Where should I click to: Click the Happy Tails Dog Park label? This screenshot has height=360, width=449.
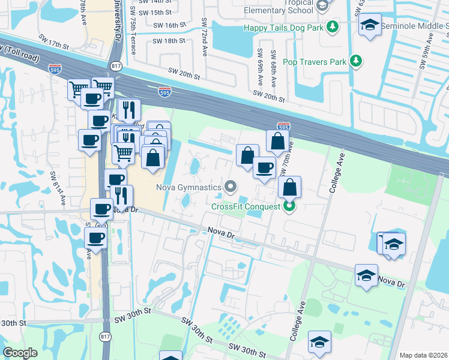pyautogui.click(x=283, y=28)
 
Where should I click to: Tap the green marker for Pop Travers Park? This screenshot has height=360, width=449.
pyautogui.click(x=356, y=61)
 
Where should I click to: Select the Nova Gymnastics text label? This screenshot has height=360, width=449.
pyautogui.click(x=189, y=187)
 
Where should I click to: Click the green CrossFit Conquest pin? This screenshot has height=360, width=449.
pyautogui.click(x=289, y=206)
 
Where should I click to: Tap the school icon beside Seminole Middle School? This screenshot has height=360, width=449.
pyautogui.click(x=370, y=25)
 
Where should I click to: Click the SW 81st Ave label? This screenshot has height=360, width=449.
pyautogui.click(x=57, y=188)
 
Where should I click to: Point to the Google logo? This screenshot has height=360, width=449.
pyautogui.click(x=20, y=353)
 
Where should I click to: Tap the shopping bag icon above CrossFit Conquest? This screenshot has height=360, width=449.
pyautogui.click(x=289, y=187)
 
